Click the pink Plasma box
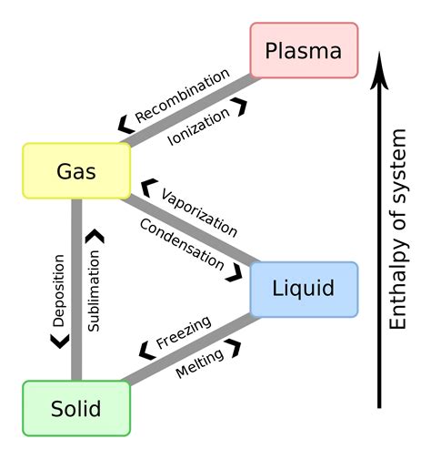(x=304, y=50)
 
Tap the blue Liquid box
(x=303, y=289)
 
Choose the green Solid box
(x=76, y=407)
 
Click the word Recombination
(x=182, y=95)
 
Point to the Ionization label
(x=201, y=128)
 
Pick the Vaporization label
(x=198, y=212)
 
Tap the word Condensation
(x=182, y=243)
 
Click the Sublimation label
(x=94, y=289)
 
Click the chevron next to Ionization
(x=240, y=107)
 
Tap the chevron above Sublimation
(x=94, y=236)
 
